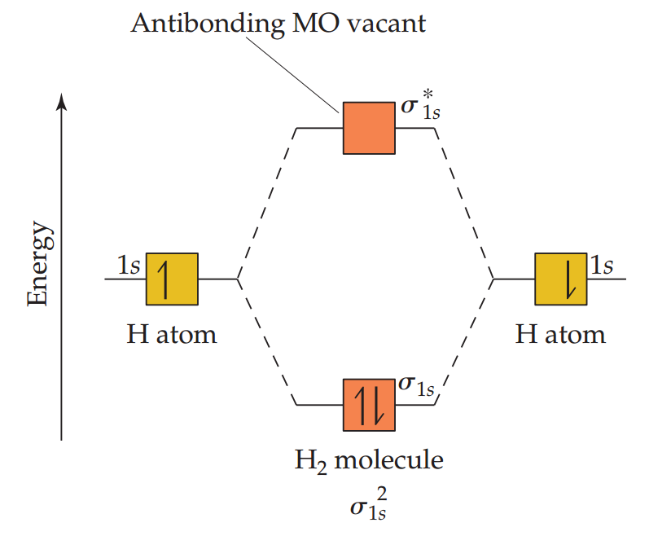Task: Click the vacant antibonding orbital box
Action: tap(369, 128)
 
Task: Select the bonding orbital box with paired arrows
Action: tap(369, 405)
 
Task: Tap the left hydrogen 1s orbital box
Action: tap(172, 279)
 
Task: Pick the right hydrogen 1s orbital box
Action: tap(560, 279)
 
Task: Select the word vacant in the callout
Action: tap(389, 23)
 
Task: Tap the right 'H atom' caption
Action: tap(560, 333)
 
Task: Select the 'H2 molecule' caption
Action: tap(369, 460)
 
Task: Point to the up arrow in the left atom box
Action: tap(167, 279)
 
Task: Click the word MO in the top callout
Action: tap(308, 23)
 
